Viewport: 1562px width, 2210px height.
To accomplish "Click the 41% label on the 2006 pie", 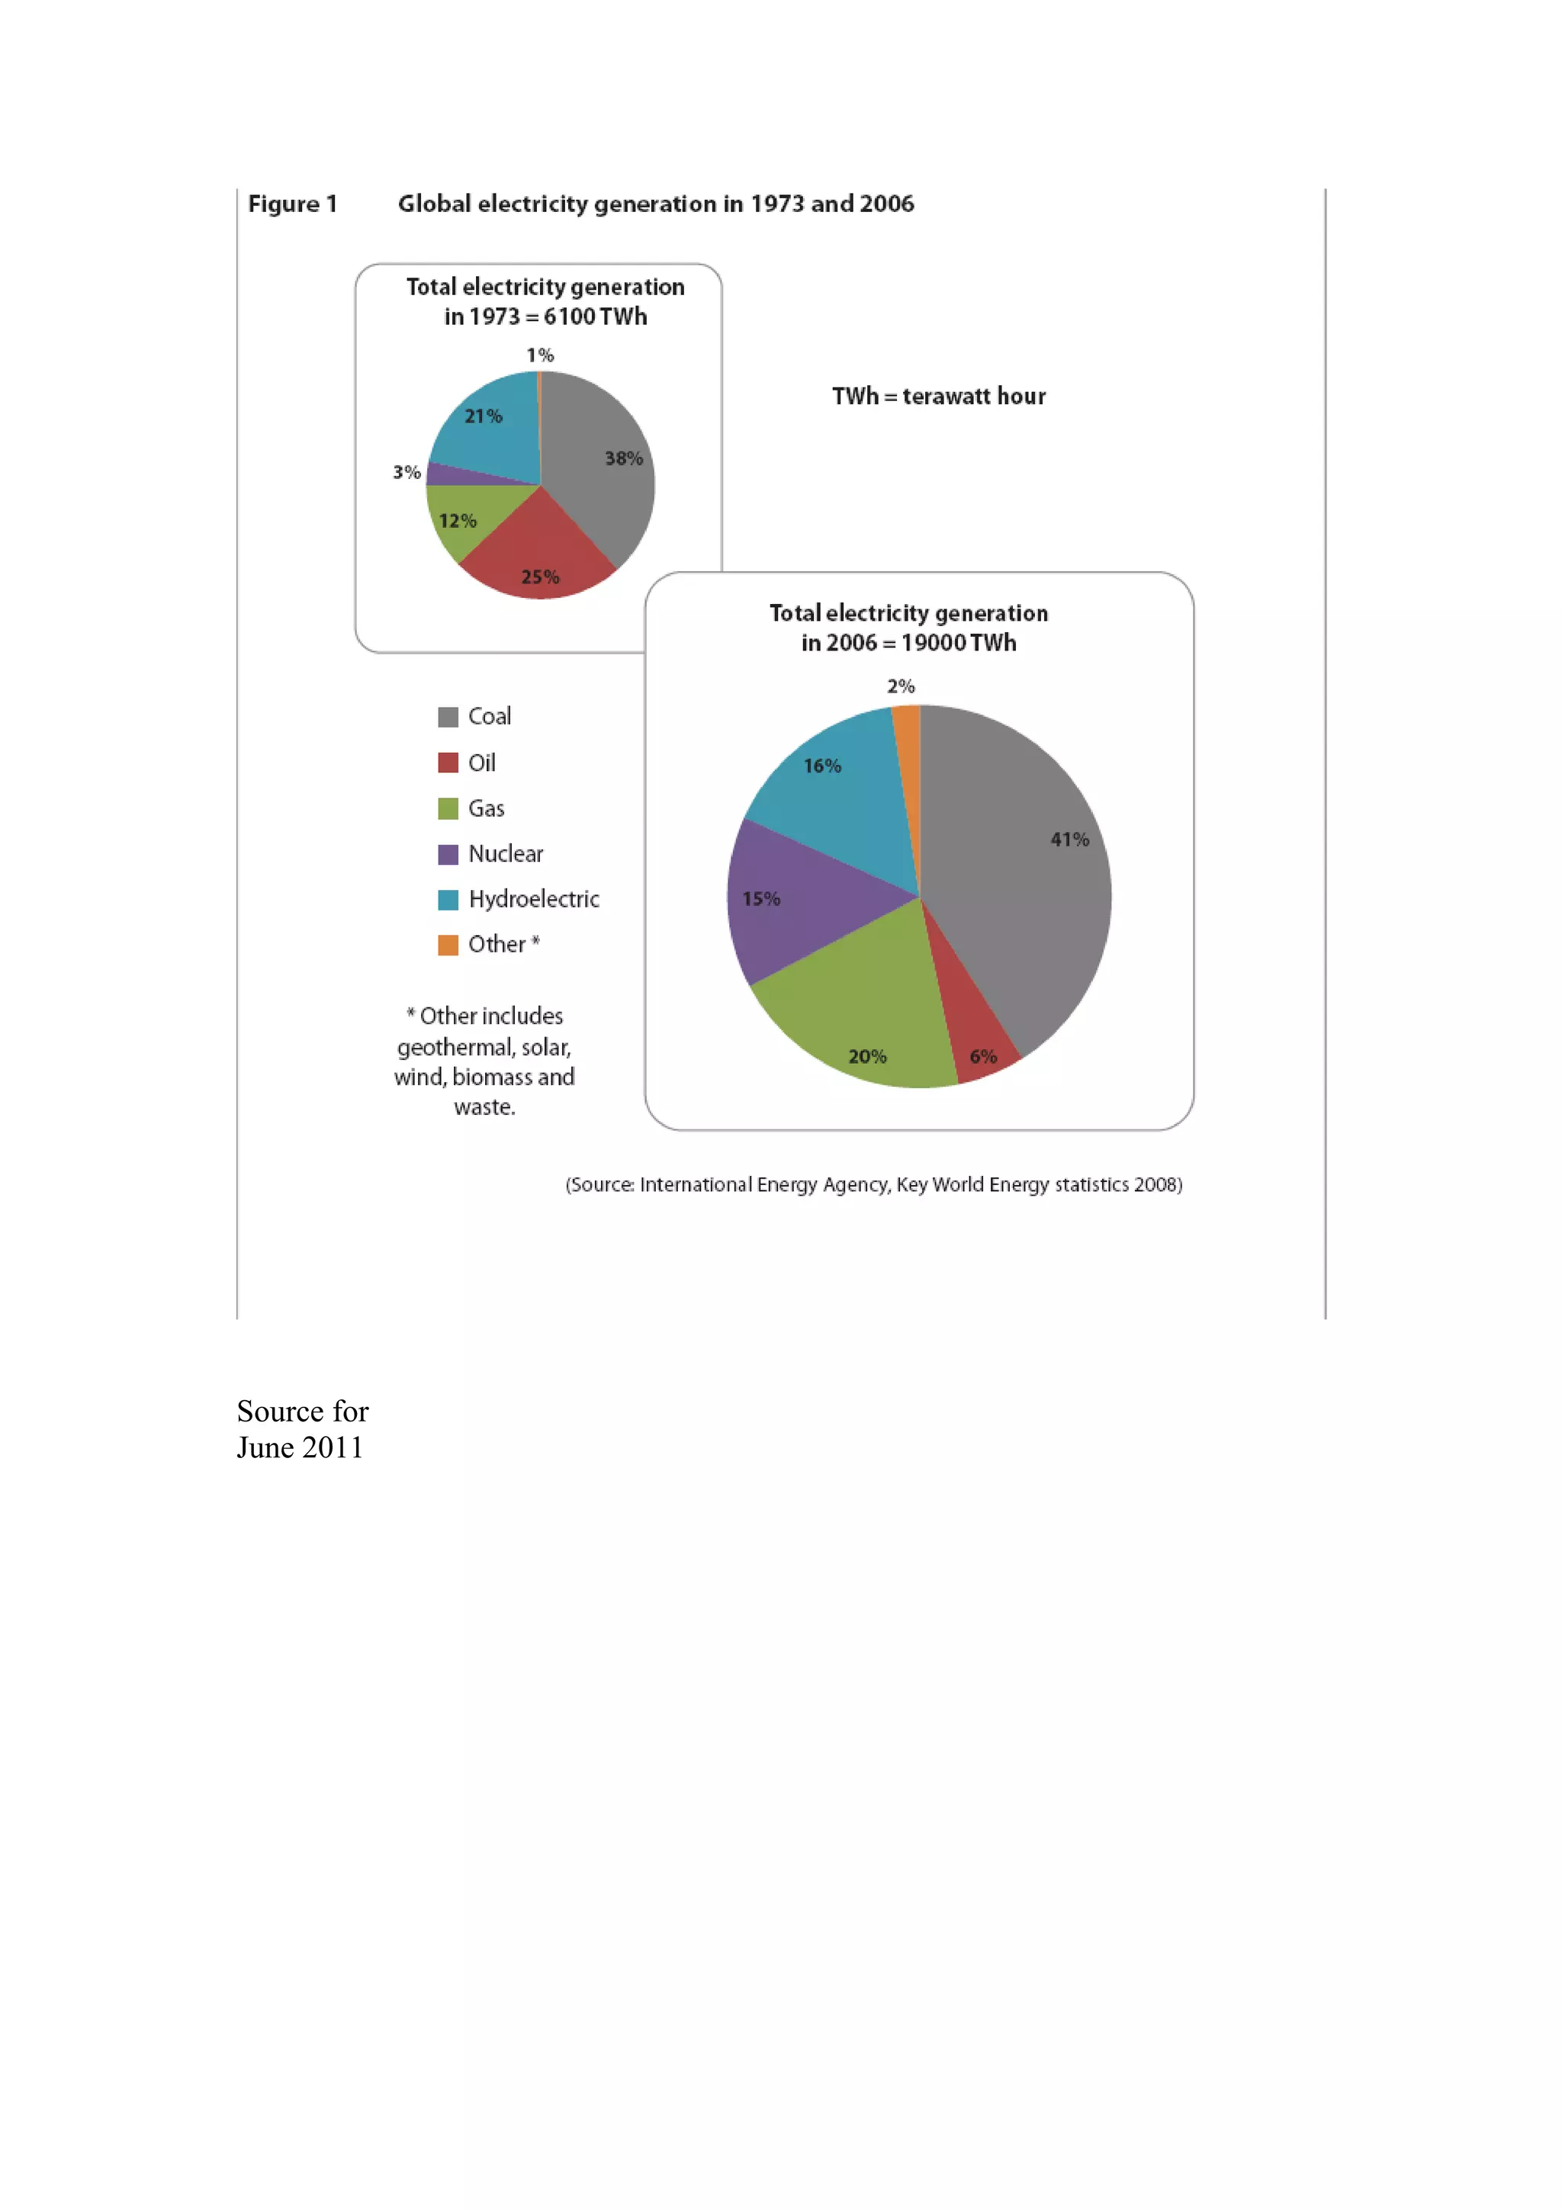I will tap(1069, 840).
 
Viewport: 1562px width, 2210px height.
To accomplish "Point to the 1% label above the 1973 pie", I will tap(540, 355).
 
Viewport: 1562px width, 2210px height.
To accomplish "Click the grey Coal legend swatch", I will tap(448, 717).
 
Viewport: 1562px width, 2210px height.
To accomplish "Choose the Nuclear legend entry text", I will tap(505, 854).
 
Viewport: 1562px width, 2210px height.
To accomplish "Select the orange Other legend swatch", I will tap(448, 945).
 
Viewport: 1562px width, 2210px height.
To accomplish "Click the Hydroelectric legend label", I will tap(533, 899).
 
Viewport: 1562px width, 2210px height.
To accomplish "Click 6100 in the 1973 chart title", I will tap(569, 316).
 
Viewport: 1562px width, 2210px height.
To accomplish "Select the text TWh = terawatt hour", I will tap(938, 397).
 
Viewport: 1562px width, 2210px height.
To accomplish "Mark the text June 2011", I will tap(301, 1447).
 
